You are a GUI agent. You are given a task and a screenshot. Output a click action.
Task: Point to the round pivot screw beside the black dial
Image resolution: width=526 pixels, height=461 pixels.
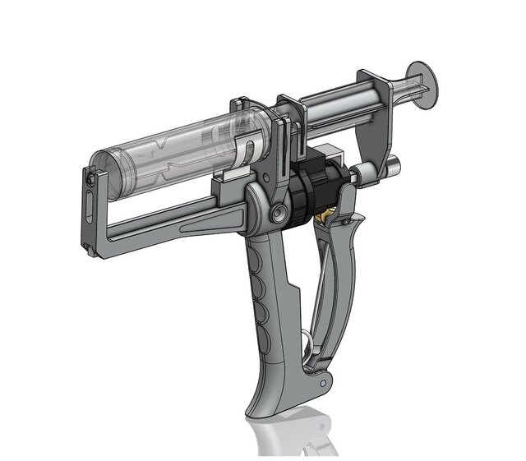coord(281,213)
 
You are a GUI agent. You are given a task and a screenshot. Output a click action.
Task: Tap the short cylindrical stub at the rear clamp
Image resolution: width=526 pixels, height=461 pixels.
coord(392,164)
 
